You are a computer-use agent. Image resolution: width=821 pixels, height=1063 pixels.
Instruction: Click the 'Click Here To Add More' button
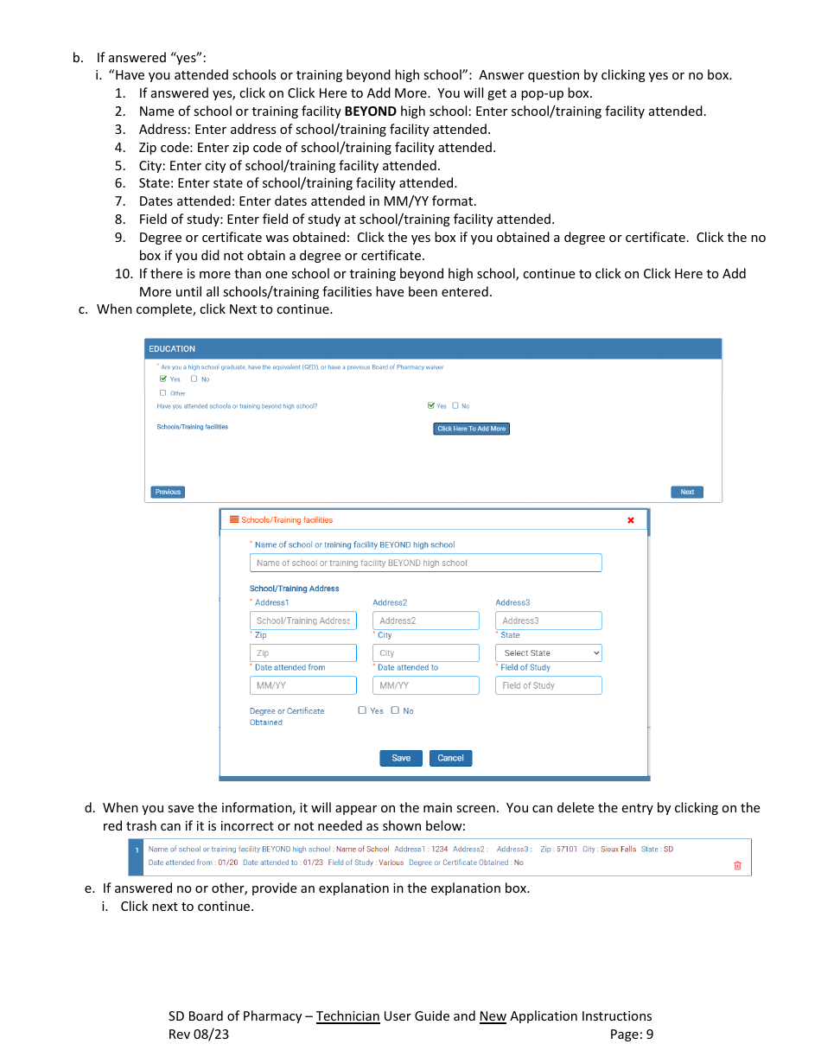[471, 429]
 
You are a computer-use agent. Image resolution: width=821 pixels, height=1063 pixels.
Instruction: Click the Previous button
[168, 492]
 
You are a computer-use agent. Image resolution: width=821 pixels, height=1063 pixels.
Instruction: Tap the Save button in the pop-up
[401, 758]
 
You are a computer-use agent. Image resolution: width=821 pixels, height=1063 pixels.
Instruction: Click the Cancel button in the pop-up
[450, 758]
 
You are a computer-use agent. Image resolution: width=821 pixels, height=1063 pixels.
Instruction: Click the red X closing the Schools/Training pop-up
[630, 520]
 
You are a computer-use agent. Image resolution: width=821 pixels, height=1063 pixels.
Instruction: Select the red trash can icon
[737, 865]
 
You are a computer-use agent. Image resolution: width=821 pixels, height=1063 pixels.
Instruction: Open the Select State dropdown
[548, 653]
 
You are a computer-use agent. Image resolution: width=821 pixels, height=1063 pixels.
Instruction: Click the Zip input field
[302, 653]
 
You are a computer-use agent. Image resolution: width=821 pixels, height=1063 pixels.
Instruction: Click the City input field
[425, 653]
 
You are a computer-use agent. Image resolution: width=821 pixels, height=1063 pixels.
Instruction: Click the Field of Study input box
[548, 685]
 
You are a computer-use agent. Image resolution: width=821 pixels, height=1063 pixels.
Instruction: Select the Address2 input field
[425, 621]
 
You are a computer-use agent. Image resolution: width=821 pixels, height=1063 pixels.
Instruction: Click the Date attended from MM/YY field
[302, 685]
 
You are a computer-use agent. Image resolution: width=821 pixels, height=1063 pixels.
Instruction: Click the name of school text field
[425, 563]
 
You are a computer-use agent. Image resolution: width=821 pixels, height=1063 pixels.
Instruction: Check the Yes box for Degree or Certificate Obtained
[363, 710]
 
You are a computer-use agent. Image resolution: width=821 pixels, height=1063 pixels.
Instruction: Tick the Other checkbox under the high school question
[162, 393]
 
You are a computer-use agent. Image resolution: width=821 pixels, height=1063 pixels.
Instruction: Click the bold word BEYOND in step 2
[371, 111]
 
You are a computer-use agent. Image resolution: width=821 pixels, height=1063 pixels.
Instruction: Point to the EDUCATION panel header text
[172, 349]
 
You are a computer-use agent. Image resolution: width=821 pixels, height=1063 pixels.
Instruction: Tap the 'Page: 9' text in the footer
[631, 1034]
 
